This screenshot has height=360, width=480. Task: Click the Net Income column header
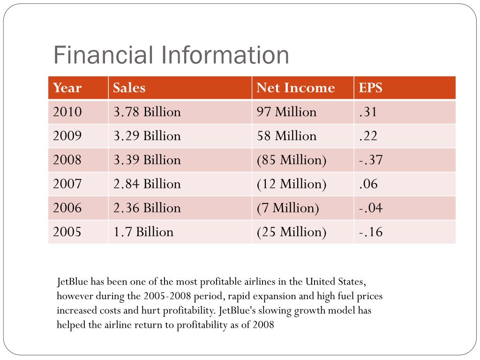pos(296,88)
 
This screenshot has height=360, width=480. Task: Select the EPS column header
pos(371,88)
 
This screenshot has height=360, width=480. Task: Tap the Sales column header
pos(129,88)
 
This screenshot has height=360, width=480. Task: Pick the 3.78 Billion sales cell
pos(147,112)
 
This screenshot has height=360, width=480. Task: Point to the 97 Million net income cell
pos(286,112)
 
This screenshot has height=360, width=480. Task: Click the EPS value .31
pos(368,112)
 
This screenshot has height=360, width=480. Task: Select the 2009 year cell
pos(67,136)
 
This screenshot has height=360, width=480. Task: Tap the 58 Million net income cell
pos(286,136)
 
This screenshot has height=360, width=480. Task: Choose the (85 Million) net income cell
pos(292,160)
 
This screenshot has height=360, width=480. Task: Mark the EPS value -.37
pos(371,160)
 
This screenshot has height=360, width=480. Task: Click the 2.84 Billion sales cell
pos(147,184)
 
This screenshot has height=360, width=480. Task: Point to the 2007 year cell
pos(67,184)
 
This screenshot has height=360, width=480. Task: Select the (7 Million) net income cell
pos(288,208)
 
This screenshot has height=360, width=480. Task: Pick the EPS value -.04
pos(371,208)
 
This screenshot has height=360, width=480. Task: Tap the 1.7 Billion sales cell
pos(143,232)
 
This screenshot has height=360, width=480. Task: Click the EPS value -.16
pos(371,232)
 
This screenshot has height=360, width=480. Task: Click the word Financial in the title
pos(104,55)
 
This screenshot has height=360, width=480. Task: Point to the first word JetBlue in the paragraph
pos(73,282)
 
